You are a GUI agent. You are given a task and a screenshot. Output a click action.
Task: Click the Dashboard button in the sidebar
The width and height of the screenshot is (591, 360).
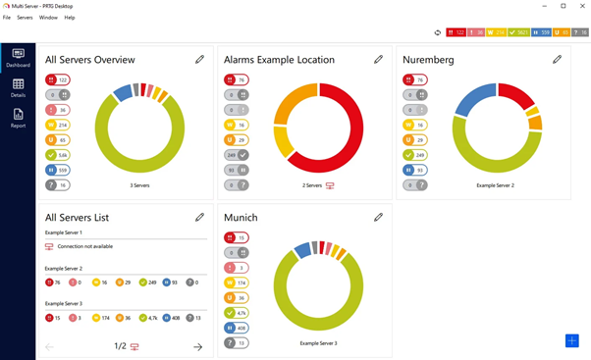[x=18, y=58]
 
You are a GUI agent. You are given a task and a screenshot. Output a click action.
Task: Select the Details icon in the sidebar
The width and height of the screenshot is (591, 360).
[x=18, y=88]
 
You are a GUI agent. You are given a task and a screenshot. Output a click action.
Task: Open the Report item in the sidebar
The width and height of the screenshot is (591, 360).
[x=18, y=119]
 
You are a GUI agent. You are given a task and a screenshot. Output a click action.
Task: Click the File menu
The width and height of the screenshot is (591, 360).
[x=7, y=18]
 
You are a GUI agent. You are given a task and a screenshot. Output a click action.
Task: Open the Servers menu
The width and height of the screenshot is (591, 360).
[x=25, y=18]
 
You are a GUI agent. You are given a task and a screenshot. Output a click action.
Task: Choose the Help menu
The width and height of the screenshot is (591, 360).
[x=70, y=18]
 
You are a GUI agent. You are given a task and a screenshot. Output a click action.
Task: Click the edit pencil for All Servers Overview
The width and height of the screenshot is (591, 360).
[x=199, y=60]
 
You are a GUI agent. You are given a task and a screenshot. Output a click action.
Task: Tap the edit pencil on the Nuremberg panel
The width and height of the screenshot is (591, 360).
[x=557, y=60]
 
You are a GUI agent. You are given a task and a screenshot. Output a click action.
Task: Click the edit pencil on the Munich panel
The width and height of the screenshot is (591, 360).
[x=378, y=217]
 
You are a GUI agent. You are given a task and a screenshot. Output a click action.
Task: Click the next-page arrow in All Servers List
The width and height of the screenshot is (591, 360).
[x=197, y=346]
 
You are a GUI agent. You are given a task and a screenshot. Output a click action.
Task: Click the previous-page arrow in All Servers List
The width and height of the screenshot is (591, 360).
[x=50, y=346]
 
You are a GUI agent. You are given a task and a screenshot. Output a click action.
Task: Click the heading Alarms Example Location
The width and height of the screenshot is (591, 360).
[x=279, y=60]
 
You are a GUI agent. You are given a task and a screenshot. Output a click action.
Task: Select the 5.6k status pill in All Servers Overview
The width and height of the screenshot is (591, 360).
[x=57, y=155]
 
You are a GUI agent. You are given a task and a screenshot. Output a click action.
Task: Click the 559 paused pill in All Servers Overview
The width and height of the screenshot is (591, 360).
[x=57, y=170]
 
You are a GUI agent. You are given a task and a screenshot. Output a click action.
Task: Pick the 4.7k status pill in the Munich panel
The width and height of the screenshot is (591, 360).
[x=237, y=313]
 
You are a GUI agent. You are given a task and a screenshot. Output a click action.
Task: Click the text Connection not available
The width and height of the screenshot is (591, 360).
[x=85, y=246]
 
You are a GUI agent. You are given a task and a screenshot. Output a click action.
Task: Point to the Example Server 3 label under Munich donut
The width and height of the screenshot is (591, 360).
[x=317, y=343]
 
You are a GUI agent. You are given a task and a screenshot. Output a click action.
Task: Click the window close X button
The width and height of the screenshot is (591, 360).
[x=580, y=6]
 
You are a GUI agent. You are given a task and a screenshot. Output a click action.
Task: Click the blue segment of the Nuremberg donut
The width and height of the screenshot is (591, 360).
[x=473, y=99]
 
